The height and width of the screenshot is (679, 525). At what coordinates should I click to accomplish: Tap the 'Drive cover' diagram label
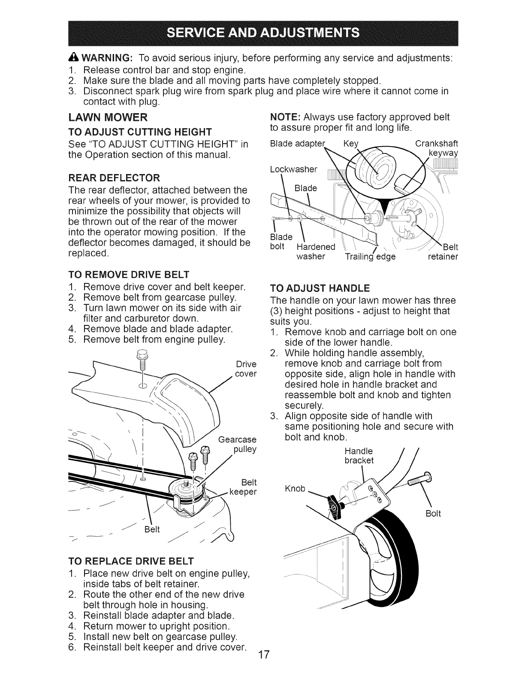coord(246,369)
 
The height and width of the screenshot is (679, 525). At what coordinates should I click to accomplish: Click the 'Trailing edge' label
coord(370,257)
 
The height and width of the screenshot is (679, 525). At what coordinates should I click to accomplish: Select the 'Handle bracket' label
coord(359,456)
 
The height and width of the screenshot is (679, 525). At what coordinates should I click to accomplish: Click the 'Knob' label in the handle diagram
coord(295,489)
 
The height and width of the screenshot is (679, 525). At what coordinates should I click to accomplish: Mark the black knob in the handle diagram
coord(333,505)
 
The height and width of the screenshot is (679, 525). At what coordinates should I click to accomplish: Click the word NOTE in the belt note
coord(283,117)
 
